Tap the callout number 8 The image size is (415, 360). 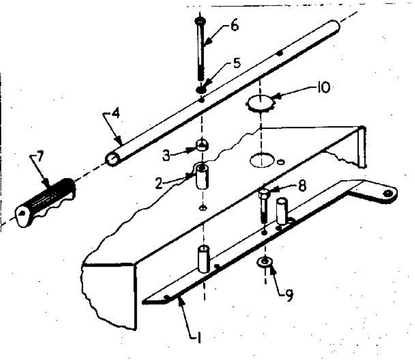click(302, 186)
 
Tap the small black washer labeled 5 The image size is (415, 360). click(201, 90)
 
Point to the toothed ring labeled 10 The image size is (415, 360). click(259, 103)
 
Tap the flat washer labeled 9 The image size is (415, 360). click(265, 261)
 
